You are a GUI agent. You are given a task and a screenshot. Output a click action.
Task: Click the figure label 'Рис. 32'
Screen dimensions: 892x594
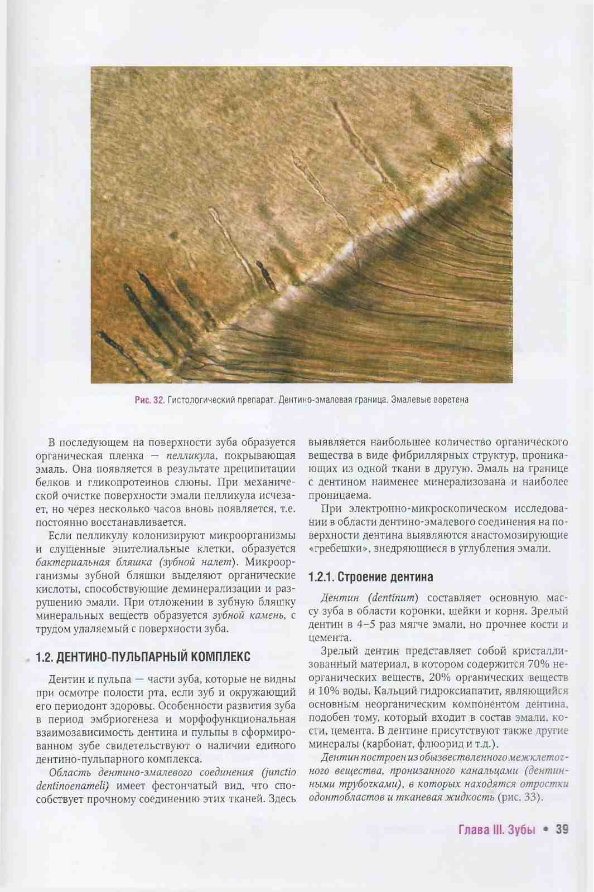pos(149,400)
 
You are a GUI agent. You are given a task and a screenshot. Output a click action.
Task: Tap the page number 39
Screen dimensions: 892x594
pos(562,830)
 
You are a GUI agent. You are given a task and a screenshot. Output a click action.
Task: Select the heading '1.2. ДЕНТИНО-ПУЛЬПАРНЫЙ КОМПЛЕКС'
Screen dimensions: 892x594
pos(143,657)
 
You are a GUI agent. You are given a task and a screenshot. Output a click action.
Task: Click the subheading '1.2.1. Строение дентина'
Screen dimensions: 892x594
pos(370,577)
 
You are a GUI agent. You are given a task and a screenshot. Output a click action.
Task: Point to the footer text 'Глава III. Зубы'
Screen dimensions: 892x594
pos(496,830)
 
